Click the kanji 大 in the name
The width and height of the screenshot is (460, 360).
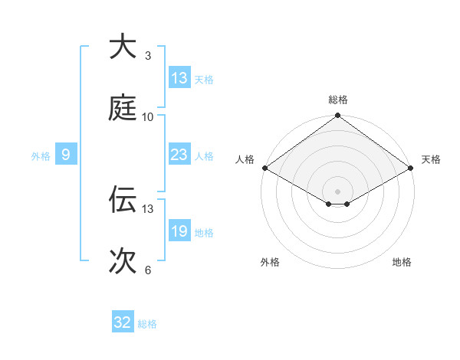coord(123,47)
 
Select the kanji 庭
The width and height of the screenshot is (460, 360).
coord(123,108)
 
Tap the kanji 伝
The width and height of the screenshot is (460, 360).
coord(123,200)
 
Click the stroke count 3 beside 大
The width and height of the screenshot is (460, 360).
coord(147,56)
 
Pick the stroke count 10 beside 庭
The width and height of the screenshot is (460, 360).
coord(148,117)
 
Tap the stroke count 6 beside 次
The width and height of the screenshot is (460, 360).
coord(147,270)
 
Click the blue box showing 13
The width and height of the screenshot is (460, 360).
coord(179,78)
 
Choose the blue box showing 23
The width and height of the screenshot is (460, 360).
coord(179,155)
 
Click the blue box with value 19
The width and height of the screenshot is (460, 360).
coord(179,231)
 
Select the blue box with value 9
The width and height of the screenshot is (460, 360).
coord(66,155)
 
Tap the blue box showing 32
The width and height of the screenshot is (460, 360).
coord(123,322)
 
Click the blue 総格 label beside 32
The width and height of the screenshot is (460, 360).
coord(147,324)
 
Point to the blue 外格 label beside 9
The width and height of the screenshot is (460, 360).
coord(41,156)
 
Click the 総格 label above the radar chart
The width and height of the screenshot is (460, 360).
coord(338,100)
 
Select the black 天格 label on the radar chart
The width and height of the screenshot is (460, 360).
coord(431,159)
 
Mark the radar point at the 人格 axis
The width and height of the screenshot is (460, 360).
coord(264,168)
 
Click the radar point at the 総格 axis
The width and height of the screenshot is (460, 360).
coord(338,116)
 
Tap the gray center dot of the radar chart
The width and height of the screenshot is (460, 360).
coord(338,191)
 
